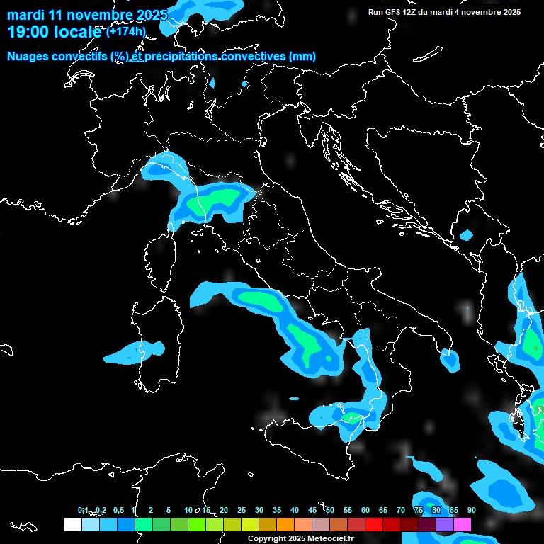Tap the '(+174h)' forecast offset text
126,31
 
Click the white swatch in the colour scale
72,524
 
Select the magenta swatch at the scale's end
463,524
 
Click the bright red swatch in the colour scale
374,524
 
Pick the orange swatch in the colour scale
285,524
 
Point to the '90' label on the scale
472,510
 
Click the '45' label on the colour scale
312,510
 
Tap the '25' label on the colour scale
242,510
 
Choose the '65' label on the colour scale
383,510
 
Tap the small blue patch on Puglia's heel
450,361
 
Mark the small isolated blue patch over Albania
466,235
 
